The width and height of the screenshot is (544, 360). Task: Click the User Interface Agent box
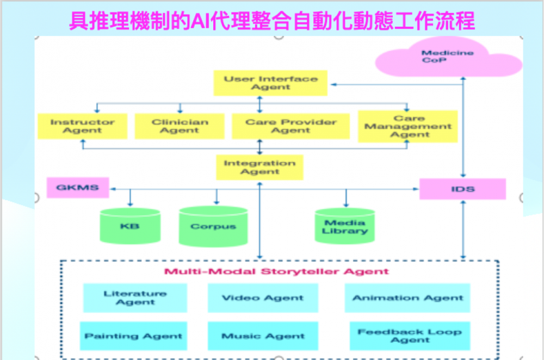pyautogui.click(x=270, y=83)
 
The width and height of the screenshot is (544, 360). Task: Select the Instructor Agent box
pyautogui.click(x=82, y=126)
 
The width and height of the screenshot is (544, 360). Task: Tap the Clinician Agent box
pyautogui.click(x=180, y=126)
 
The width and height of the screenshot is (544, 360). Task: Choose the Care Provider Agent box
pyautogui.click(x=290, y=126)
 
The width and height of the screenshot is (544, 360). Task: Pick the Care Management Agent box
pyautogui.click(x=407, y=126)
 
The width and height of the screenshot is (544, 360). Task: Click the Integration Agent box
pyautogui.click(x=259, y=167)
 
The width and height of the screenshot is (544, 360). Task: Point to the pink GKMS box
pyautogui.click(x=78, y=188)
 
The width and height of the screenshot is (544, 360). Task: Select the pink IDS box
pyautogui.click(x=462, y=189)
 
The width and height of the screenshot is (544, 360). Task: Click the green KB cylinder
pyautogui.click(x=130, y=225)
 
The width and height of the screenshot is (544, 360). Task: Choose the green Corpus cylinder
pyautogui.click(x=213, y=226)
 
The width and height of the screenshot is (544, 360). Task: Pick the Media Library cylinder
pyautogui.click(x=345, y=226)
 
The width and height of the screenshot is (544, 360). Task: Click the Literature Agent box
pyautogui.click(x=135, y=298)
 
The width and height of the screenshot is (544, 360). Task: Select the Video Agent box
pyautogui.click(x=263, y=298)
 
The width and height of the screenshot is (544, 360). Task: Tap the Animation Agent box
pyautogui.click(x=407, y=298)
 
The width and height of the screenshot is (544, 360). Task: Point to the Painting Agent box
pyautogui.click(x=133, y=336)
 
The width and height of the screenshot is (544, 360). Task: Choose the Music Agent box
pyautogui.click(x=263, y=336)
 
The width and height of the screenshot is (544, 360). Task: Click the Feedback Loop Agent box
pyautogui.click(x=410, y=336)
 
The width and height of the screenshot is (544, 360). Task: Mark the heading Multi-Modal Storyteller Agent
pyautogui.click(x=277, y=271)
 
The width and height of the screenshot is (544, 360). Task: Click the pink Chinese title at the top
pyautogui.click(x=272, y=21)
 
